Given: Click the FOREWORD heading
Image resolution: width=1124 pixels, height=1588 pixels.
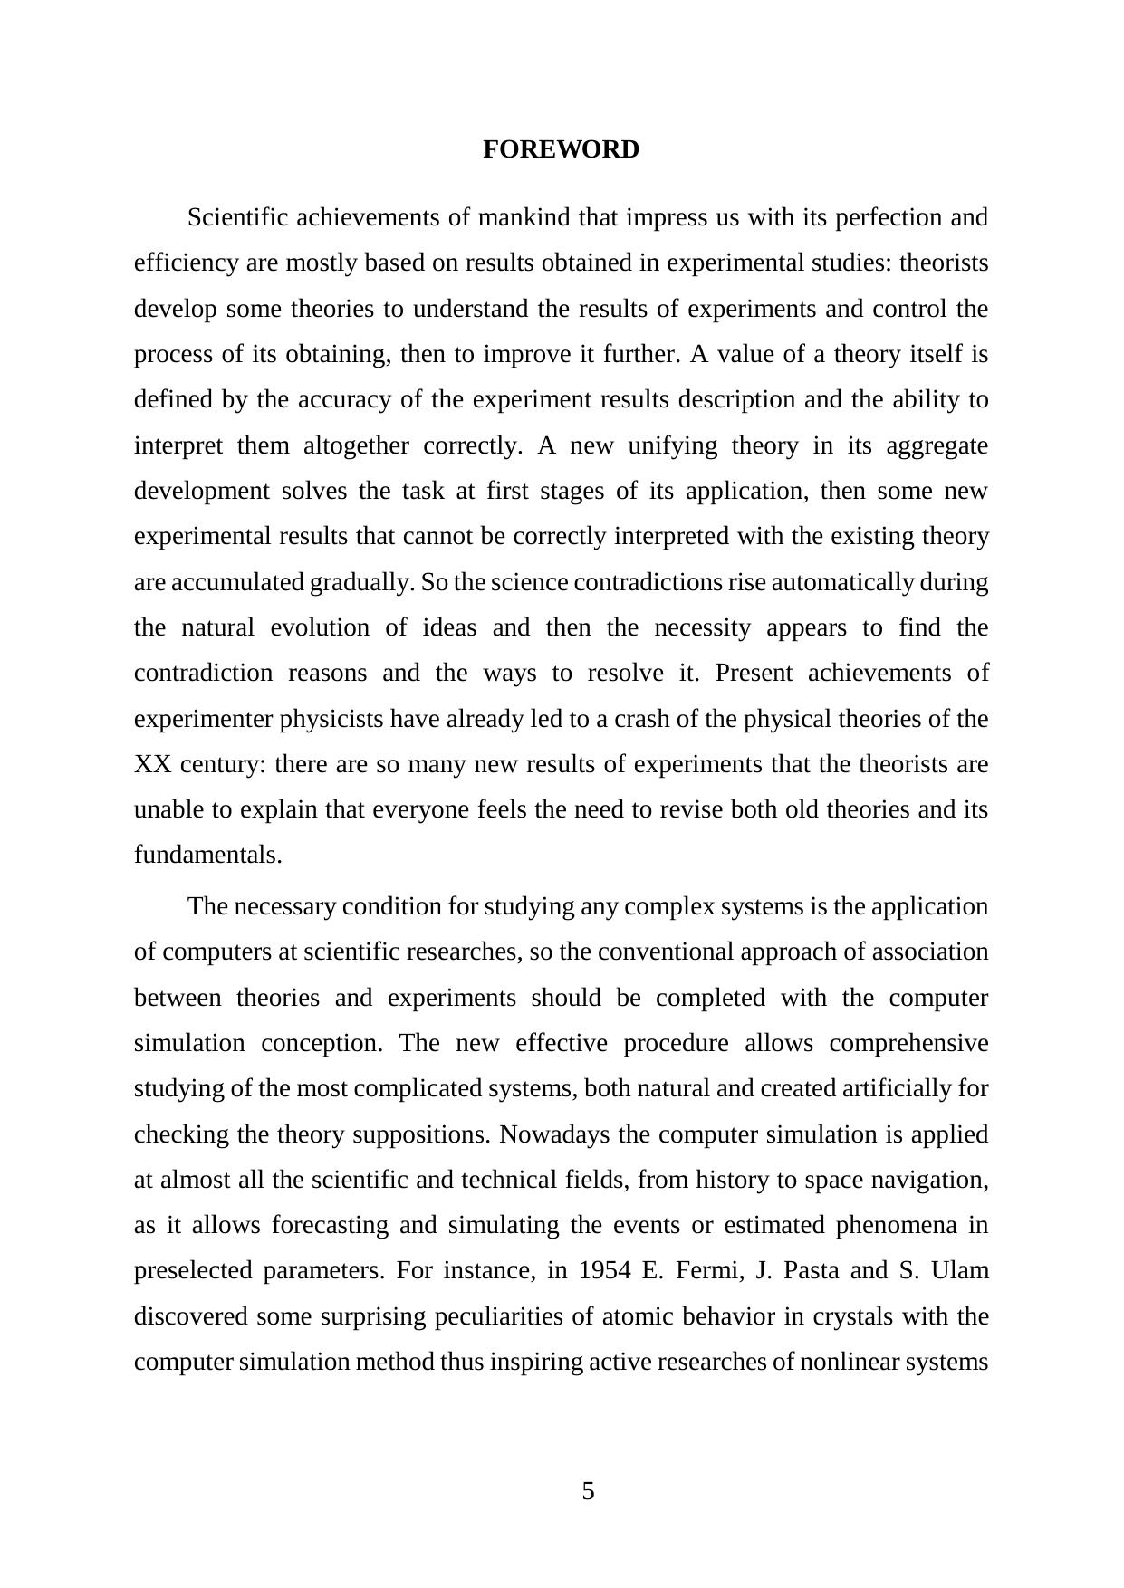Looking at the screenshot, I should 561,149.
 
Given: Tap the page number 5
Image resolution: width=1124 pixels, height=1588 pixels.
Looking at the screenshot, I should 588,1491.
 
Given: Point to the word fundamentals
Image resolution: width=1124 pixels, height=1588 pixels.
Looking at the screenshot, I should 207,856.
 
